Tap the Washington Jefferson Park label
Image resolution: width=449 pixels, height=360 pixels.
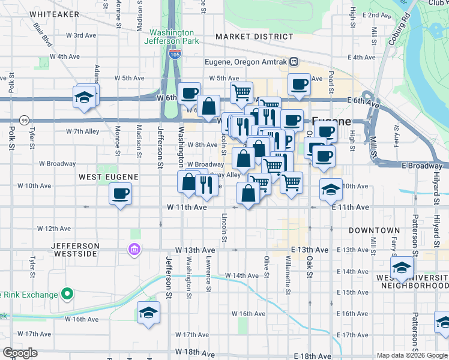171,37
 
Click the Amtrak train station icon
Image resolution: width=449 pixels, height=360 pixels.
294,61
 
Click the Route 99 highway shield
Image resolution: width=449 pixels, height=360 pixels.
24,120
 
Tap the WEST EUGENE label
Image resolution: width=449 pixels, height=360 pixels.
109,177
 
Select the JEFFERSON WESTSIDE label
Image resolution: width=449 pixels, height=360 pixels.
74,250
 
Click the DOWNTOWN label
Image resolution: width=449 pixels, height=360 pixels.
374,230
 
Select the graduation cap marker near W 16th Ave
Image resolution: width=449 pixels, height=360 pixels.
148,313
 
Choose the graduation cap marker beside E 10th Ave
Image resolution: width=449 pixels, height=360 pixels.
330,190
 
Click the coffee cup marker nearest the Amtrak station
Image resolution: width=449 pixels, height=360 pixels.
298,85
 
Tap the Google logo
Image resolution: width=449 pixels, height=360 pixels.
20,353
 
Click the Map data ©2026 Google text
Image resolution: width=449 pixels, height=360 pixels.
412,355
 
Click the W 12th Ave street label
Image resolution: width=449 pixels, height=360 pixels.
54,229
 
